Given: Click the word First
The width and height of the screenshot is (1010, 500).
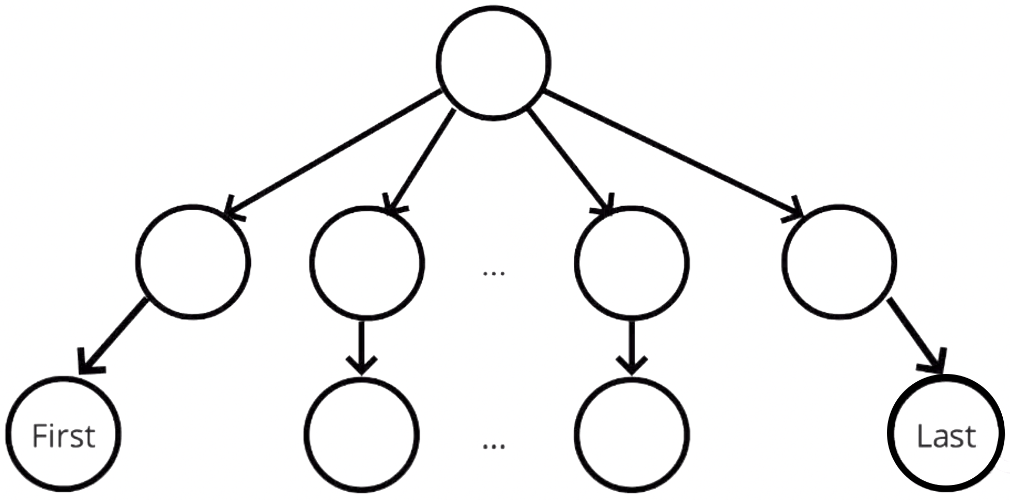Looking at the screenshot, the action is coord(64,436).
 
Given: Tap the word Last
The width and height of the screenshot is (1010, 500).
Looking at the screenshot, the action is coord(946,436).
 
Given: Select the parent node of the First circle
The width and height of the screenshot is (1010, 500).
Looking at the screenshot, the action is coord(193,261).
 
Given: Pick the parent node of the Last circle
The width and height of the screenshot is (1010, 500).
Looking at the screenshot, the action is coord(839,261).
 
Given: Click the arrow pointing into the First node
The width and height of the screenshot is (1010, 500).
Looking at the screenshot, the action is coord(112,336).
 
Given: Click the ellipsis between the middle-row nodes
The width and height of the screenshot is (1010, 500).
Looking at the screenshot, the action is coord(494,273).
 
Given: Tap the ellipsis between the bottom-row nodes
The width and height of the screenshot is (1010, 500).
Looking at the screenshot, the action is coord(494,445).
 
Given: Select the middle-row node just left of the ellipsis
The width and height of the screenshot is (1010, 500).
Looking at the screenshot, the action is coord(367,262).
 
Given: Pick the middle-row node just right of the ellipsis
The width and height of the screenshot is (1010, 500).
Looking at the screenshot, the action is coord(632,262).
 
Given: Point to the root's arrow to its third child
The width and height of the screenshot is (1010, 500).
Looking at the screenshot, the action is coord(570,162).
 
